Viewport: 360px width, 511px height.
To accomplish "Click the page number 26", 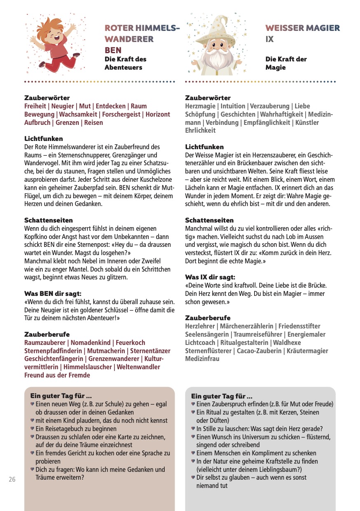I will point(12,479).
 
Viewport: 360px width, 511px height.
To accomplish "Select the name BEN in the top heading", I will point(113,50).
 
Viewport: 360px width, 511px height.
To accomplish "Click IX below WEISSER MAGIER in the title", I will point(269,40).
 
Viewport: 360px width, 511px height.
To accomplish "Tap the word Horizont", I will point(158,115).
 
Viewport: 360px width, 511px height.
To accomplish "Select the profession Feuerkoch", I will point(130,343).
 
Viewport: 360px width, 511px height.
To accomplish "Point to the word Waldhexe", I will point(287,343).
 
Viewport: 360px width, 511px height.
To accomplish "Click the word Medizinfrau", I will point(203,359).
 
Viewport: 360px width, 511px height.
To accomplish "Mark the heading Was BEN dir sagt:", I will point(53,294).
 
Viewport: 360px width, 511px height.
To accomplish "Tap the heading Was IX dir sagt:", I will point(210,277).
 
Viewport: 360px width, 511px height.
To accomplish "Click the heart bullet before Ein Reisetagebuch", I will point(33,429).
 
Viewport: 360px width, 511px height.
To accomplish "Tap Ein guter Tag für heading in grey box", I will point(222,396).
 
